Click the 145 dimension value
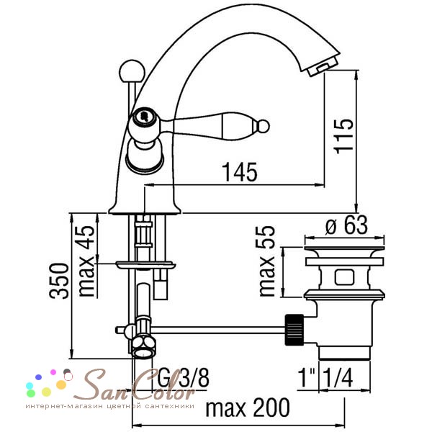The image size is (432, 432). (x=240, y=172)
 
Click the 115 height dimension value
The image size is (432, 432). (x=343, y=136)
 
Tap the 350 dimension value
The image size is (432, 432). (x=59, y=281)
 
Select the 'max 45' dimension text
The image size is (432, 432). (x=87, y=261)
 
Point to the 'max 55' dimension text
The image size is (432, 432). (x=267, y=261)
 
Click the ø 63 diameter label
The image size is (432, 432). (x=346, y=225)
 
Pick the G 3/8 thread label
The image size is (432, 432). (x=183, y=378)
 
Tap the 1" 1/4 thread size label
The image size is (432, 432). (x=325, y=378)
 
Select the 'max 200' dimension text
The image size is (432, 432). (x=248, y=408)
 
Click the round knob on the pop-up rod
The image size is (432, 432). (x=132, y=72)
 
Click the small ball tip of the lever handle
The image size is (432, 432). (x=263, y=127)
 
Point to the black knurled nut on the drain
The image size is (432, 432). (x=294, y=330)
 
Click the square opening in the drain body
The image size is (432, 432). (x=344, y=277)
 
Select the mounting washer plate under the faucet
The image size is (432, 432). (x=145, y=265)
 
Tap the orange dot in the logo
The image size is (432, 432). (x=61, y=384)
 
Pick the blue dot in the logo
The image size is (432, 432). (x=39, y=377)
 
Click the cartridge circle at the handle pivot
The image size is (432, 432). (x=143, y=116)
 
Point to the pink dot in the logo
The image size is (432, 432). (x=53, y=372)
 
